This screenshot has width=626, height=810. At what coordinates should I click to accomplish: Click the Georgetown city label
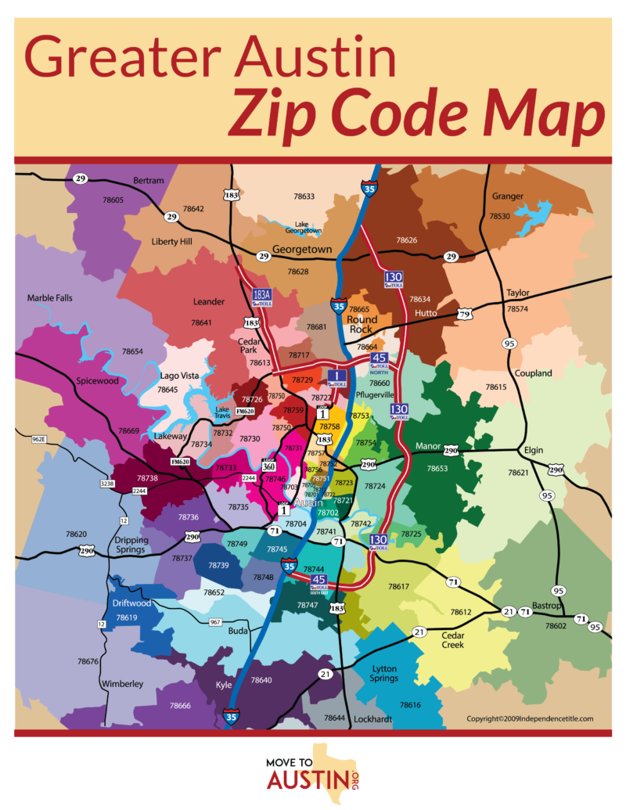point(303,250)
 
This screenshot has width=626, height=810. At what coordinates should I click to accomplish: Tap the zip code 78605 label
point(113,200)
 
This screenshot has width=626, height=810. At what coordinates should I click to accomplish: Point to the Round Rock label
point(362,324)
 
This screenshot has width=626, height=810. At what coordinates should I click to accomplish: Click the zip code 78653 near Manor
point(437,468)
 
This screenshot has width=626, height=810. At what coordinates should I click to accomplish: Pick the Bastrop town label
point(547,606)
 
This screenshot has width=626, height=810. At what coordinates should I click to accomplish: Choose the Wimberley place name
point(122,683)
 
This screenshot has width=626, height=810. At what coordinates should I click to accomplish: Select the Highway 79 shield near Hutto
point(464,315)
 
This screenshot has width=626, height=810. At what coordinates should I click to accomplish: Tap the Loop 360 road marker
point(268,464)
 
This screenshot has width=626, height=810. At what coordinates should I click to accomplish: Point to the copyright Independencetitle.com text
point(530,718)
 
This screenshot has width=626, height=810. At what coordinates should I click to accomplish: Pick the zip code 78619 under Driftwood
point(127,617)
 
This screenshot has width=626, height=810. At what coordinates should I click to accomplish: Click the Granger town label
point(508,196)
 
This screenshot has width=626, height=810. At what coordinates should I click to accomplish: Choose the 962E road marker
point(39,439)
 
